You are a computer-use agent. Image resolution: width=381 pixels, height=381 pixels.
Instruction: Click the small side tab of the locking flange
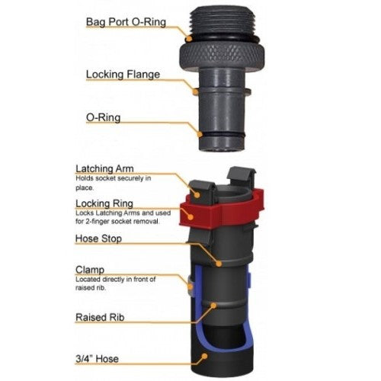pos(252,94)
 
